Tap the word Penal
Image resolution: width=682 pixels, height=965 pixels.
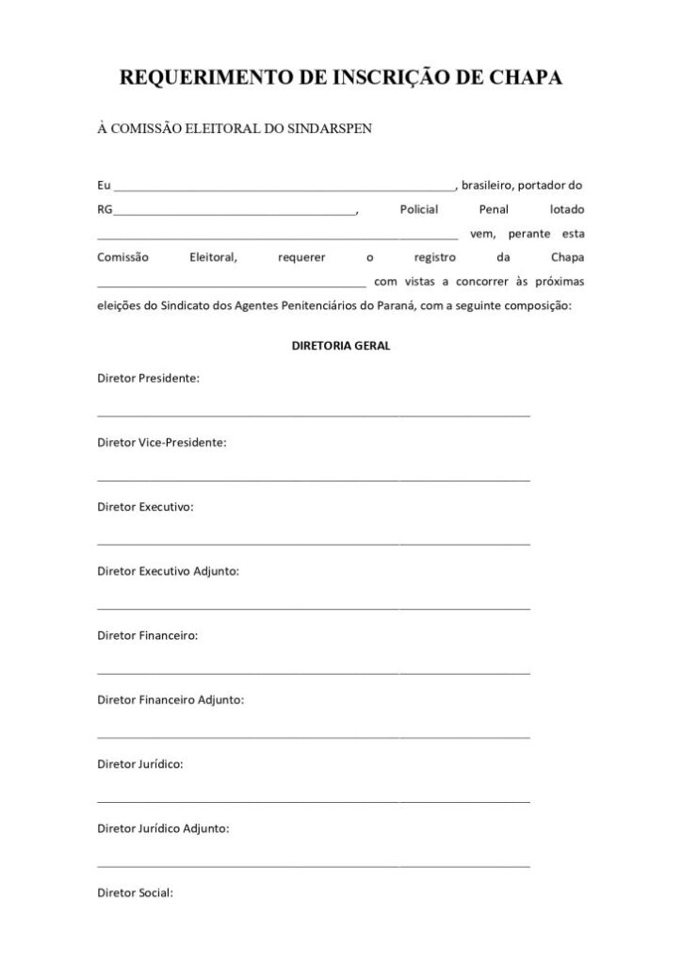494,208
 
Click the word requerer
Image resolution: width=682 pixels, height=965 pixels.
302,256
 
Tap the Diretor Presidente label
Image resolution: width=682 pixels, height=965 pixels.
148,378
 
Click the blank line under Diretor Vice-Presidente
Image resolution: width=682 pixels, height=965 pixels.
313,479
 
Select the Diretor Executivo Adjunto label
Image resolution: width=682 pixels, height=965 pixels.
168,571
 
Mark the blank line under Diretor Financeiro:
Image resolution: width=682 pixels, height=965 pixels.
313,672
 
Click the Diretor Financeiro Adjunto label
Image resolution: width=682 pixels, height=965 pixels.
170,699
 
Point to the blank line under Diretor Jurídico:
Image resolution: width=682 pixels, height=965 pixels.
313,801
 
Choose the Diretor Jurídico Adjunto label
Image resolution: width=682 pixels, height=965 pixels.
163,828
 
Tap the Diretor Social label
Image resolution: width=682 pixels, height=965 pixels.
135,892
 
